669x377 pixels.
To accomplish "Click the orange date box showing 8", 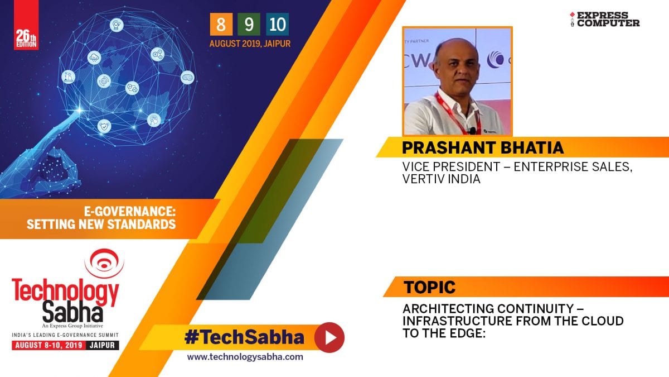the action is tap(221, 24).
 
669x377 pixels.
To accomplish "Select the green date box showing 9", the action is tap(249, 24).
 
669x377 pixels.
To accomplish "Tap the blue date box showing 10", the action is tap(277, 24).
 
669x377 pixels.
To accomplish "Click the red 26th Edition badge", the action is tap(26, 25).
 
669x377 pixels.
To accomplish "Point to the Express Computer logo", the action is tap(604, 20).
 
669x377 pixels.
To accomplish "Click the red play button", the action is tap(329, 337).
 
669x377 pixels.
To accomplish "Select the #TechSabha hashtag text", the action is tap(244, 337).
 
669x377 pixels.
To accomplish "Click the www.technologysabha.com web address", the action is tap(245, 357).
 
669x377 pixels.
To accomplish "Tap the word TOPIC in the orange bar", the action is tap(429, 287).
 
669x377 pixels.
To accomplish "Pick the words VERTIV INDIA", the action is tap(441, 179).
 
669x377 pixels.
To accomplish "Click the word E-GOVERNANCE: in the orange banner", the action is tap(129, 212).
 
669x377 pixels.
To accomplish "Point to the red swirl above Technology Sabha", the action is tap(104, 263).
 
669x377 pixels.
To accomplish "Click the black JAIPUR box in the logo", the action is tap(103, 345).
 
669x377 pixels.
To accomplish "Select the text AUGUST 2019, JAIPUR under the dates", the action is tap(250, 44).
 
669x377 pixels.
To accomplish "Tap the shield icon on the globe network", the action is tap(104, 127).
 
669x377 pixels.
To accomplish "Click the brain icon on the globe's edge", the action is tap(187, 77).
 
